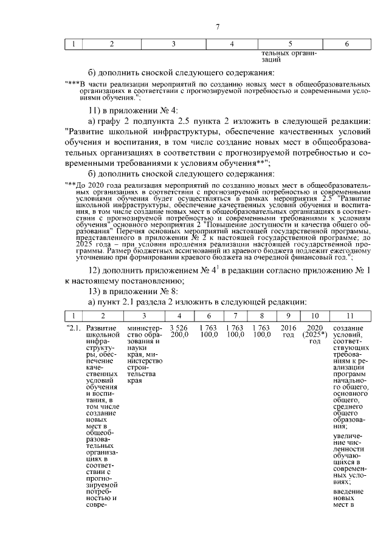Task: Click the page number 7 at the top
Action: pyautogui.click(x=217, y=26)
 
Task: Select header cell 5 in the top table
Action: pyautogui.click(x=289, y=44)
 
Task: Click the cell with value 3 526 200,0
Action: pyautogui.click(x=179, y=331)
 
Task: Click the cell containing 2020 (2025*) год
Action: pyautogui.click(x=314, y=334)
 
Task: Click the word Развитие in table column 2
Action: pyautogui.click(x=102, y=328)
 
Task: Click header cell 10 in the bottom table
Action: pyautogui.click(x=314, y=315)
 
